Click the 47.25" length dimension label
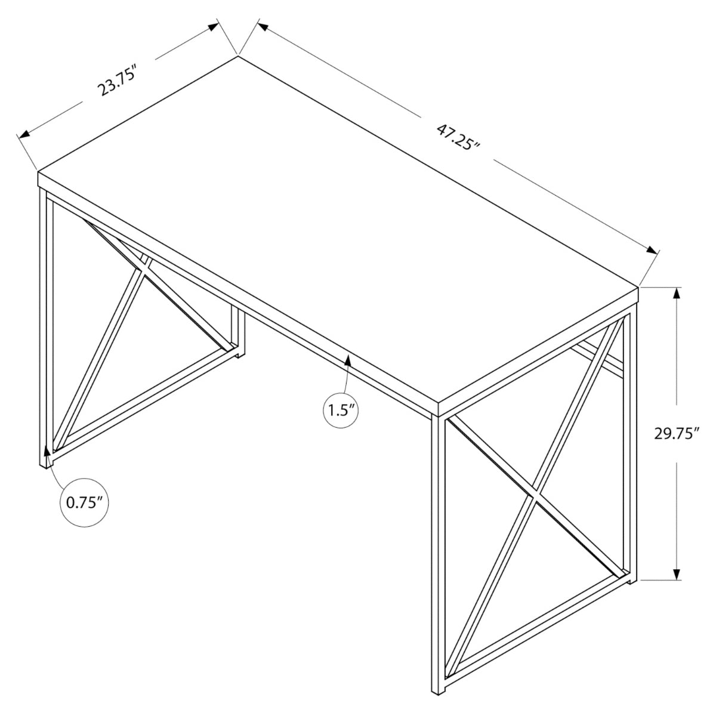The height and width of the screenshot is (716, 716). pos(458,137)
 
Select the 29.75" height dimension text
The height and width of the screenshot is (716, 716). pos(676,434)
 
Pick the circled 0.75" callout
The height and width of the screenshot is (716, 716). pos(85,502)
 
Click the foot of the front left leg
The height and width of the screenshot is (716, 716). pos(45,462)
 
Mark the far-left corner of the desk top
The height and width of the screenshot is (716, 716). pos(39,173)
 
